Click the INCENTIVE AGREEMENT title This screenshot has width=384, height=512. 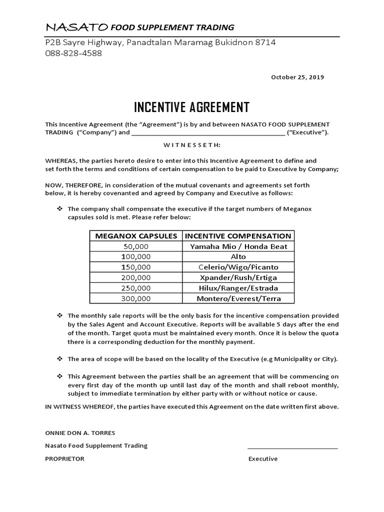(x=191, y=107)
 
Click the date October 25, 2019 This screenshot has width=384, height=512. (x=297, y=77)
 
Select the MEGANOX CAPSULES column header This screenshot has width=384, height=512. (x=135, y=235)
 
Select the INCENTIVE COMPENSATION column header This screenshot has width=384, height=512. (x=237, y=235)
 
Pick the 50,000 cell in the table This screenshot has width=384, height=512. (x=135, y=246)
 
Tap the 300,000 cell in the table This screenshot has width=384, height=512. (x=135, y=298)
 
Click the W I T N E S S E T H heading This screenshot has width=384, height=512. (x=191, y=145)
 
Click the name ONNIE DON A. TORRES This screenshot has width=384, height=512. (x=77, y=432)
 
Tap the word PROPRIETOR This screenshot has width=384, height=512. (x=64, y=458)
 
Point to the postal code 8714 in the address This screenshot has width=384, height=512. (x=265, y=42)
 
